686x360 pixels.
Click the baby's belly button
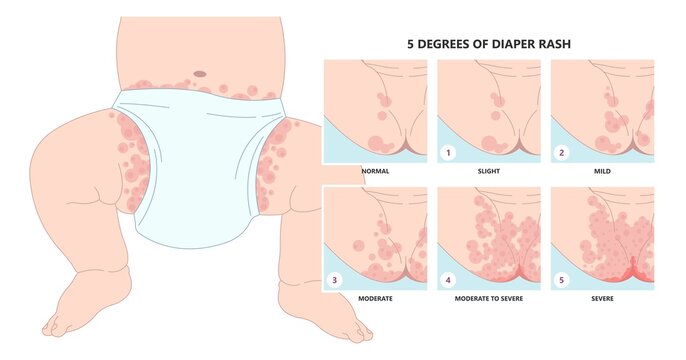point(200,74)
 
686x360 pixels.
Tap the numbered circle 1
point(448,153)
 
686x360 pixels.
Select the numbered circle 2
point(562,153)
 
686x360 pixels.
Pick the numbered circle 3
point(334,280)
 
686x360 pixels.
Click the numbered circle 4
point(448,280)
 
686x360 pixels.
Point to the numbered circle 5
point(562,280)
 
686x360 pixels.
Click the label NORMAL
point(375,171)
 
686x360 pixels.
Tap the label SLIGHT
point(489,171)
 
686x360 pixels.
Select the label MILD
point(602,171)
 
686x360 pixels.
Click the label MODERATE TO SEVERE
point(489,298)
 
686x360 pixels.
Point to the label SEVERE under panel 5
point(602,298)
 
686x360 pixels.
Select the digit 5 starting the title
point(410,44)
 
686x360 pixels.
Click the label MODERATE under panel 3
point(375,298)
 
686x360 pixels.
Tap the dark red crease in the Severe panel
point(633,270)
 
